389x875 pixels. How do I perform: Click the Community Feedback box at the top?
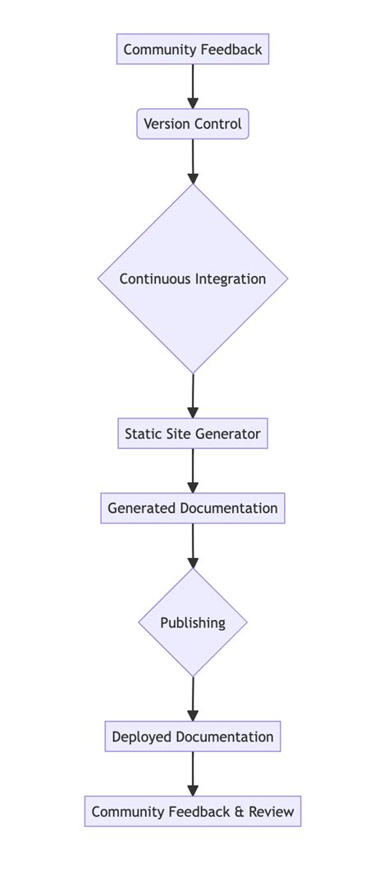[x=193, y=50]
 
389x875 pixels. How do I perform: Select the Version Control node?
[x=193, y=125]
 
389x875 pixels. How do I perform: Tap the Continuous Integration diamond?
[x=193, y=279]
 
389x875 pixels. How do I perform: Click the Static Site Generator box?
[x=193, y=433]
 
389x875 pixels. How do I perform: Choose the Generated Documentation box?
[x=193, y=508]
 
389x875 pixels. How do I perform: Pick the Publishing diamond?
[x=193, y=623]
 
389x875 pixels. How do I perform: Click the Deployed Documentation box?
[x=193, y=737]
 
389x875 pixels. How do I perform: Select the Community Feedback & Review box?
[x=193, y=812]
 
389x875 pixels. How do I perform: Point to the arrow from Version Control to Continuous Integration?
[x=193, y=161]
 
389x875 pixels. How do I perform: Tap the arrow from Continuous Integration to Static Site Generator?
[x=193, y=396]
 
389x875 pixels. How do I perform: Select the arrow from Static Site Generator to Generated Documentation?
[x=193, y=470]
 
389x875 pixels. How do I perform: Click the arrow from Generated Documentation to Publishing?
[x=193, y=546]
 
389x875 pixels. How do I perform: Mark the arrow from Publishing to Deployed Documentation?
[x=193, y=699]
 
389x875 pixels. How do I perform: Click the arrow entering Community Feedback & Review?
[x=193, y=774]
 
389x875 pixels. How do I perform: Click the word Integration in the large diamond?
[x=230, y=279]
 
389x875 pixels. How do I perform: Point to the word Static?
[x=143, y=433]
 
